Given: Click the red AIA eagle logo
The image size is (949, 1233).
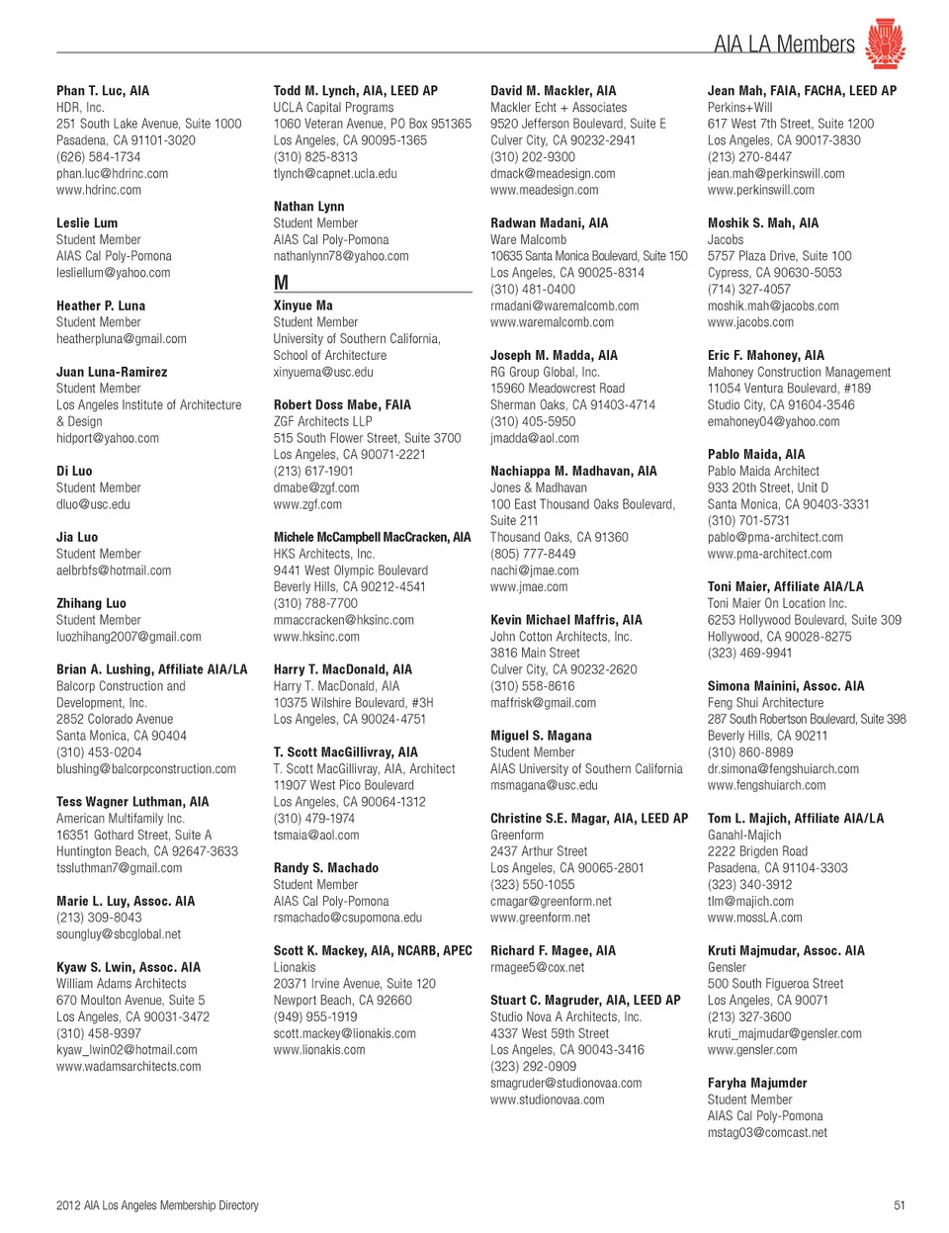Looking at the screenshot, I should tap(885, 44).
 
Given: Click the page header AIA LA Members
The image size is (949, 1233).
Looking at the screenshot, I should tap(784, 44).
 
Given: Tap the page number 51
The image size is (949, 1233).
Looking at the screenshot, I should tap(899, 1205).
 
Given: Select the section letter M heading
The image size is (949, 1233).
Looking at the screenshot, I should tap(282, 283).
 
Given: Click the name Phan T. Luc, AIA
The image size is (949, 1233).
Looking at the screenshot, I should tap(103, 91).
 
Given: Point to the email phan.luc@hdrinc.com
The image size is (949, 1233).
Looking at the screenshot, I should tap(112, 174).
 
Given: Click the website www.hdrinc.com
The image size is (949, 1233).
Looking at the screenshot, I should tap(99, 190).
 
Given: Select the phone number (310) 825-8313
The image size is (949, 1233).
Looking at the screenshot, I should tap(315, 157).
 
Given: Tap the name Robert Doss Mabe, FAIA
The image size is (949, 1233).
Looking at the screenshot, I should tap(342, 405).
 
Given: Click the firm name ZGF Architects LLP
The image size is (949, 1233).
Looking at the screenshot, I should tap(322, 421).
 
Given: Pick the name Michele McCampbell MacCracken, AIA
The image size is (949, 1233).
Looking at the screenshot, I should tap(372, 538).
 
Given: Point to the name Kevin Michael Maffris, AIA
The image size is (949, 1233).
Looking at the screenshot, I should tap(566, 620).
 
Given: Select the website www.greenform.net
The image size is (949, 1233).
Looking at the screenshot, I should tap(540, 918).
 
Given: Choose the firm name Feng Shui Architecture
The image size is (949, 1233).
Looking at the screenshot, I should tap(765, 703).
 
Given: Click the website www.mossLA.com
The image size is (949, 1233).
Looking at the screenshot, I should tap(755, 918).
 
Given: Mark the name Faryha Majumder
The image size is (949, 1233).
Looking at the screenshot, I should tap(757, 1083).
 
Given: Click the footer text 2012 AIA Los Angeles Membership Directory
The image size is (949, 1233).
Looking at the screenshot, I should tap(157, 1205).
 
